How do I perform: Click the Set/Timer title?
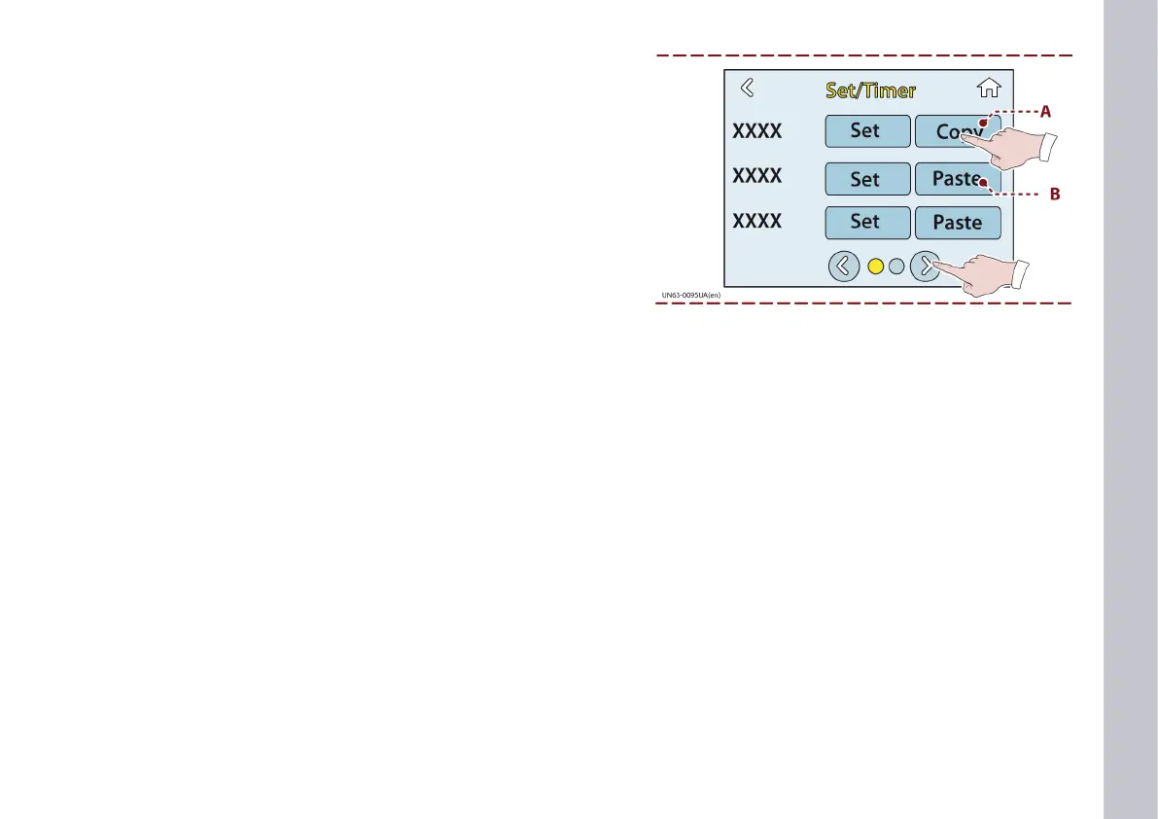870,90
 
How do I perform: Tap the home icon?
989,89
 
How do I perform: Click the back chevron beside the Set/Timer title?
747,89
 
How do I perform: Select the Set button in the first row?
867,131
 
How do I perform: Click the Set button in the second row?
867,179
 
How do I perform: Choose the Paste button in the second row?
953,179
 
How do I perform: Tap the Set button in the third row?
867,223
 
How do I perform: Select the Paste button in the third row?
958,223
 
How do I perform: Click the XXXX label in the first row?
756,131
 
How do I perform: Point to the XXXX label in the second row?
756,176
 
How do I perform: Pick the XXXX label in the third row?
756,222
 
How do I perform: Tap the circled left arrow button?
844,266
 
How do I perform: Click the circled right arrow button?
926,266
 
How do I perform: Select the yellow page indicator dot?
875,266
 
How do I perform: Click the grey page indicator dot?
896,266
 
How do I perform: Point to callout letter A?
1046,112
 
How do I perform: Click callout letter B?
1054,195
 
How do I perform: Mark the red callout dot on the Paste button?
984,183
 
